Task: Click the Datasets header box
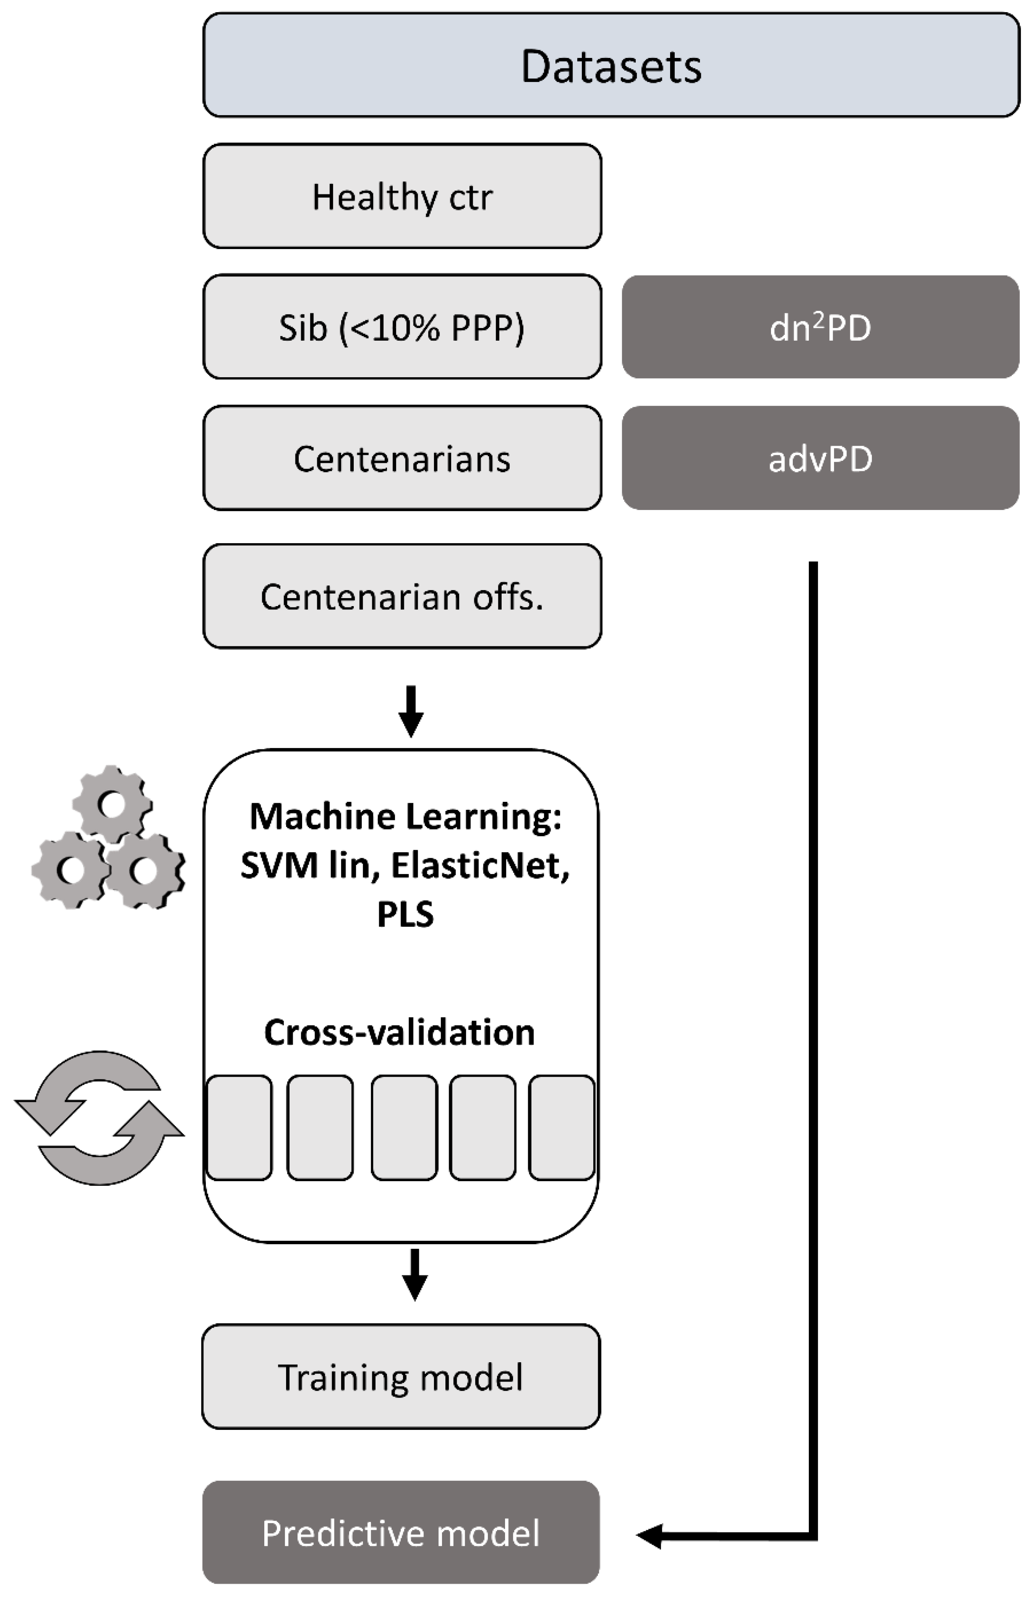(610, 65)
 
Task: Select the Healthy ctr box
(402, 196)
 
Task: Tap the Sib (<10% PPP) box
(402, 327)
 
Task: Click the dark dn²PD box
(820, 327)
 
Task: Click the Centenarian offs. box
(402, 596)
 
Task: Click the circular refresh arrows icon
(99, 1117)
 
